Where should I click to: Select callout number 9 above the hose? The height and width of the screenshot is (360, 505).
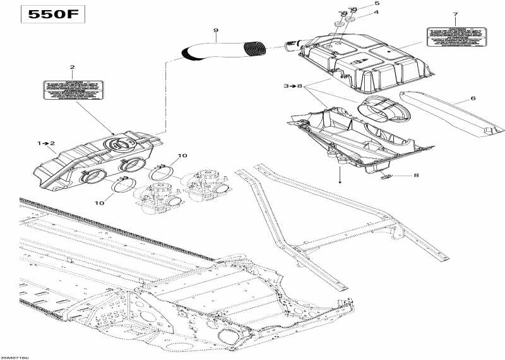(x=215, y=30)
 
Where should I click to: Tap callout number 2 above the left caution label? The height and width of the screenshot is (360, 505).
(x=72, y=67)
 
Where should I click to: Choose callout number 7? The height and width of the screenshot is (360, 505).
(x=454, y=14)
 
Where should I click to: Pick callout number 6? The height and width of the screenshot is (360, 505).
(x=473, y=99)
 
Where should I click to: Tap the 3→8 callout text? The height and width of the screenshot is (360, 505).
(x=293, y=85)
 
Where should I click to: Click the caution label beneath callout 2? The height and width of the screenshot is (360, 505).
(x=72, y=90)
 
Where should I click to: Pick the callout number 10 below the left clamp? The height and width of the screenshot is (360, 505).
(x=100, y=202)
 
